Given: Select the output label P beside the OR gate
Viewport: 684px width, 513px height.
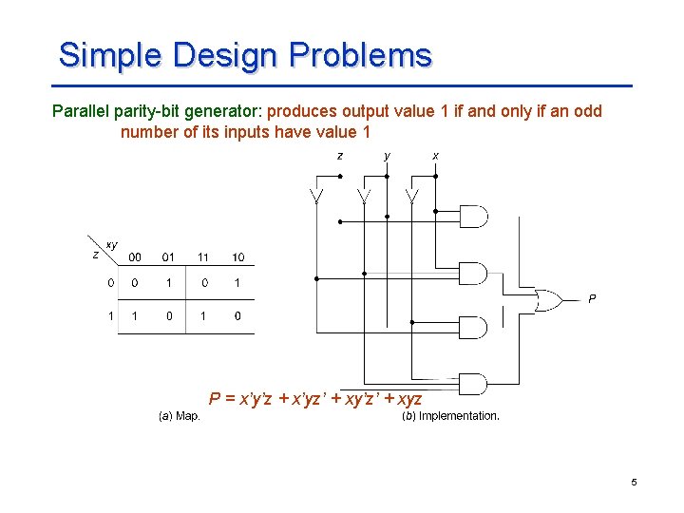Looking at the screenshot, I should point(592,299).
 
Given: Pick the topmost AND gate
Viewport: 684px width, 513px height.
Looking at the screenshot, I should point(472,218).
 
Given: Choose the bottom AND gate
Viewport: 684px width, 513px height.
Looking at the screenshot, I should point(472,384).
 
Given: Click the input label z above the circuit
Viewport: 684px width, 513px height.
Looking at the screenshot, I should point(340,155).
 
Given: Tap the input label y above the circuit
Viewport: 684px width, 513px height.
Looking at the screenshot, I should point(387,155).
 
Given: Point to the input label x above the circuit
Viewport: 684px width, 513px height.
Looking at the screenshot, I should point(435,155).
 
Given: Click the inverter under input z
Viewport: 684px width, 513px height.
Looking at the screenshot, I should point(316,197).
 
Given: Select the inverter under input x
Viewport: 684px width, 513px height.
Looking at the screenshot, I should point(412,197).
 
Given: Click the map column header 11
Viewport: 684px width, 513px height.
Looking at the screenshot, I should point(203,257).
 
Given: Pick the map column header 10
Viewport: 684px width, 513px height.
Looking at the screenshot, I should point(237,257).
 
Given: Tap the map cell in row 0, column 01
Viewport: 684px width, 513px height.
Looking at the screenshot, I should point(169,282).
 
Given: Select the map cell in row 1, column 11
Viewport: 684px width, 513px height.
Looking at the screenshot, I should point(203,315).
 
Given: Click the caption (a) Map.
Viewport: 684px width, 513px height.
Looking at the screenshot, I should point(180,416).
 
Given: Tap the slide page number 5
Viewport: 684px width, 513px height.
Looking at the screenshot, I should point(634,484).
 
